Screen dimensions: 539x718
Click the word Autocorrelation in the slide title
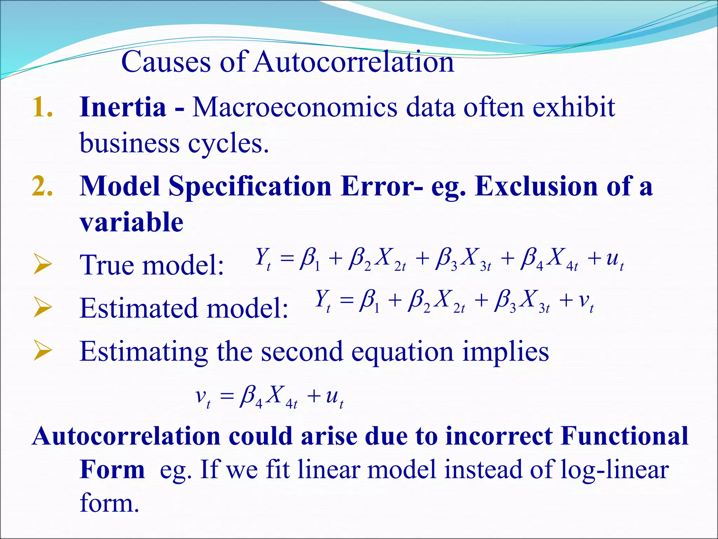[x=354, y=62]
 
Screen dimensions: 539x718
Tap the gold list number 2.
[x=42, y=186]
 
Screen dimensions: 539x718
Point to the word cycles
[x=228, y=144]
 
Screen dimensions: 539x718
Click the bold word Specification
[x=250, y=187]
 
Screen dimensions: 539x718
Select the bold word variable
[x=131, y=222]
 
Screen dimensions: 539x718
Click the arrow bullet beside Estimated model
[x=42, y=308]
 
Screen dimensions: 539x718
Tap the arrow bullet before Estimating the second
[x=42, y=351]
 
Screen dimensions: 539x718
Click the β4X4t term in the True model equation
[x=549, y=259]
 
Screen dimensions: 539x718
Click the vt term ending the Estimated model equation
[x=586, y=302]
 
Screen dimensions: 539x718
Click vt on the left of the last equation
[x=203, y=398]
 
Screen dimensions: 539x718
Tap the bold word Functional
[x=624, y=436]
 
